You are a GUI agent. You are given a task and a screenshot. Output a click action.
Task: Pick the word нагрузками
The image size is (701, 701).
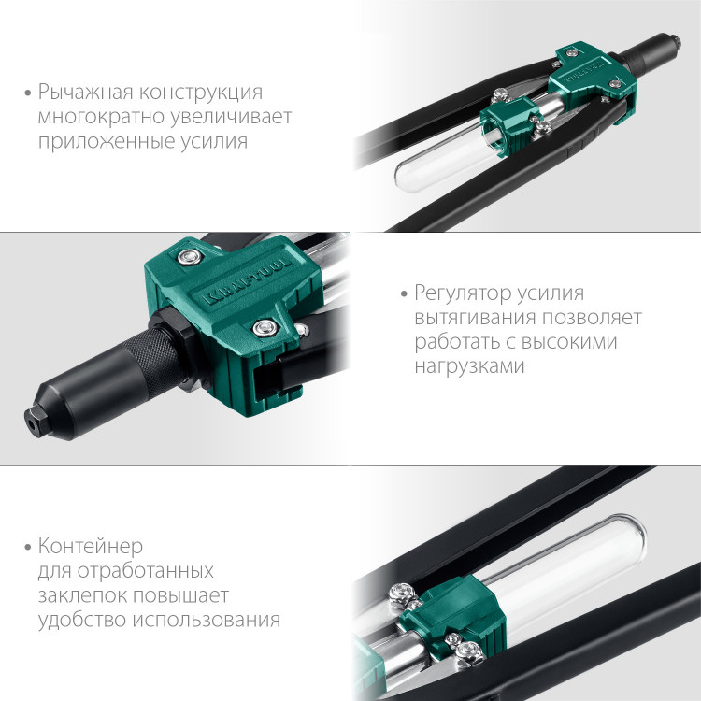[x=469, y=366]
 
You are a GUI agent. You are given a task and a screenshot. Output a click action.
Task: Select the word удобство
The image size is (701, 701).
[x=84, y=620]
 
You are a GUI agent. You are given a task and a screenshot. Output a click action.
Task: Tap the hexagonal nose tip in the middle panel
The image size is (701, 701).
[x=36, y=420]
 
